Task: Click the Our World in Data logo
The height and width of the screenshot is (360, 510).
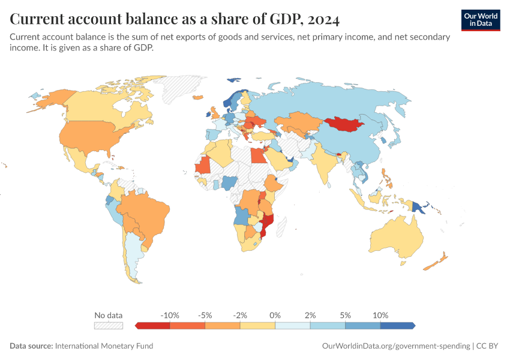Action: pyautogui.click(x=481, y=20)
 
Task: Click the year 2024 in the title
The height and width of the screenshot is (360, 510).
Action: pyautogui.click(x=323, y=19)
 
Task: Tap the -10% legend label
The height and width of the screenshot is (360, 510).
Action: pyautogui.click(x=170, y=315)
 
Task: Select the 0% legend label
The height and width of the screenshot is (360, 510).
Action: pyautogui.click(x=275, y=315)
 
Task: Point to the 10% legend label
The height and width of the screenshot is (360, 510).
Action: pyautogui.click(x=380, y=315)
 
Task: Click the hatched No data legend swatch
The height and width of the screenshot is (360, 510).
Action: pyautogui.click(x=109, y=326)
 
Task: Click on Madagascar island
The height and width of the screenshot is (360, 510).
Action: pyautogui.click(x=281, y=227)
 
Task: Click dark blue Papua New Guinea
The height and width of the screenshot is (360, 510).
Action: pyautogui.click(x=418, y=208)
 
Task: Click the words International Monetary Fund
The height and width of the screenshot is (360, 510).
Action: pyautogui.click(x=104, y=346)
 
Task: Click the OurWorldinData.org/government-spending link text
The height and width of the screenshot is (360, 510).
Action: pyautogui.click(x=396, y=346)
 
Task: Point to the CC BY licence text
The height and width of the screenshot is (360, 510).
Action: pyautogui.click(x=487, y=346)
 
